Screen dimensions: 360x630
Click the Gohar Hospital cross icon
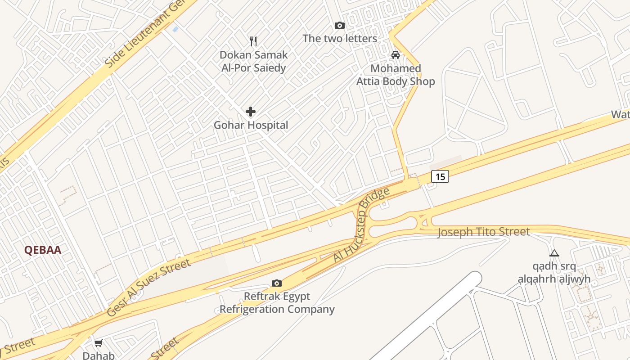click(x=251, y=112)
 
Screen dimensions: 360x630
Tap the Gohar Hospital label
click(x=251, y=125)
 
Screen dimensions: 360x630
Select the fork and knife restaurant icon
click(x=253, y=41)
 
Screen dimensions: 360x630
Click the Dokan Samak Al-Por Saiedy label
click(x=253, y=61)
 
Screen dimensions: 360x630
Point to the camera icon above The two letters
click(x=340, y=26)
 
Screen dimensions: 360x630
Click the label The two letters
click(x=340, y=39)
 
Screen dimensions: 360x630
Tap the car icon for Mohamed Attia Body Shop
click(x=396, y=55)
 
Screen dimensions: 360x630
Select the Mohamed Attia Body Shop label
click(x=396, y=75)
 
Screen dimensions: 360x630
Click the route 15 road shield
click(x=440, y=176)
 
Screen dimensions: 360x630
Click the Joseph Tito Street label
click(x=484, y=232)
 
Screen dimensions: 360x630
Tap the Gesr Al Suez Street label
click(x=148, y=288)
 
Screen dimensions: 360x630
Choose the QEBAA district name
click(x=43, y=250)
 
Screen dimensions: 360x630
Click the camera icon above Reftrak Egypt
click(x=277, y=283)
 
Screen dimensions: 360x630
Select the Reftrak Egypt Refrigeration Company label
click(x=277, y=303)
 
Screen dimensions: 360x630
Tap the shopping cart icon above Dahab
click(x=98, y=343)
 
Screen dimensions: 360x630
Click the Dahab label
click(x=98, y=355)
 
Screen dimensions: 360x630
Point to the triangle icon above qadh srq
click(x=554, y=253)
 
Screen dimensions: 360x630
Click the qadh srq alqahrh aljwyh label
click(x=554, y=273)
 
